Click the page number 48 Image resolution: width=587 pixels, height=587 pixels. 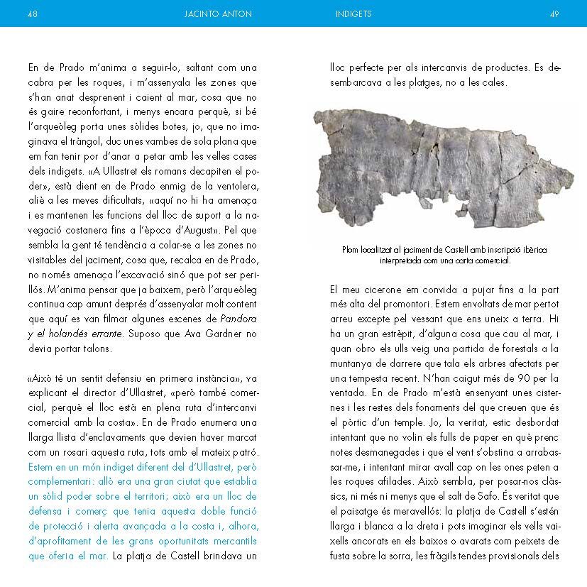[33, 13]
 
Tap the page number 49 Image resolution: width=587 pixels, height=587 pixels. [554, 13]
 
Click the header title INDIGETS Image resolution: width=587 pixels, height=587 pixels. [353, 13]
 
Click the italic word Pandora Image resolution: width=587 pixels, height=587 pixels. [238, 317]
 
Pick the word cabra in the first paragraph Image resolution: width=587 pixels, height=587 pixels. [43, 84]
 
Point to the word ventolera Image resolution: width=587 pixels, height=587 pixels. [238, 187]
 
